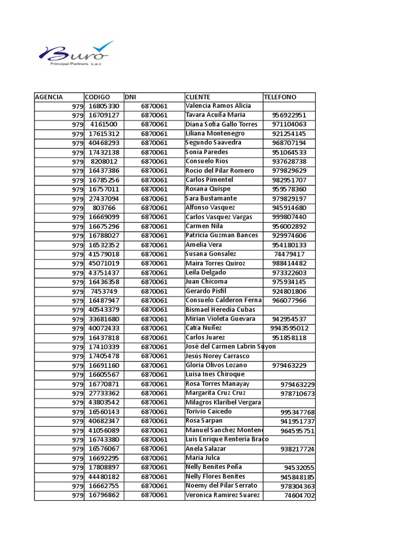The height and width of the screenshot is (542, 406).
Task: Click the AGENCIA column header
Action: point(49,97)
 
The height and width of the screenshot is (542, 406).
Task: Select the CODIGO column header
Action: point(97,97)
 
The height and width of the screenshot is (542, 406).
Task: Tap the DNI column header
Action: point(131,97)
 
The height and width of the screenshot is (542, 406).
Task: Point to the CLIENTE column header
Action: point(198,97)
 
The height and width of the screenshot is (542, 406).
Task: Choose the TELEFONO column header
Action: point(280,97)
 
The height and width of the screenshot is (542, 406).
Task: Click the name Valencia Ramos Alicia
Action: point(218,106)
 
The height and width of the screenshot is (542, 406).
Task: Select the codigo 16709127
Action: point(104,115)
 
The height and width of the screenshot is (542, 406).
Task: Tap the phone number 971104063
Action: point(289,124)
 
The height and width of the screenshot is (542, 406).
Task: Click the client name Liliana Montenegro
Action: point(215,133)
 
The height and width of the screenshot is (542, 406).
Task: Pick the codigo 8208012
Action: point(104,161)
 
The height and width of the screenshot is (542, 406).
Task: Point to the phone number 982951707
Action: point(289,180)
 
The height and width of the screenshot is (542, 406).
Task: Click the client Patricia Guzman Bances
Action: point(222,236)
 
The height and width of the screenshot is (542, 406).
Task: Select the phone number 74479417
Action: point(289,254)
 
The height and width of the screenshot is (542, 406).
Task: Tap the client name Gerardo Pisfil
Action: point(206,291)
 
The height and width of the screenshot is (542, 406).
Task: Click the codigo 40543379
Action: point(104,310)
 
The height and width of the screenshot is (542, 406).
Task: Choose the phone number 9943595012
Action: point(289,328)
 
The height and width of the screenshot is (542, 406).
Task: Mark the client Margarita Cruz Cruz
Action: point(216,393)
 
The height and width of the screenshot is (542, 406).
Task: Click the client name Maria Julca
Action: point(202,458)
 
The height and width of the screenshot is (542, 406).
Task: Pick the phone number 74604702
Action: point(299,495)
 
